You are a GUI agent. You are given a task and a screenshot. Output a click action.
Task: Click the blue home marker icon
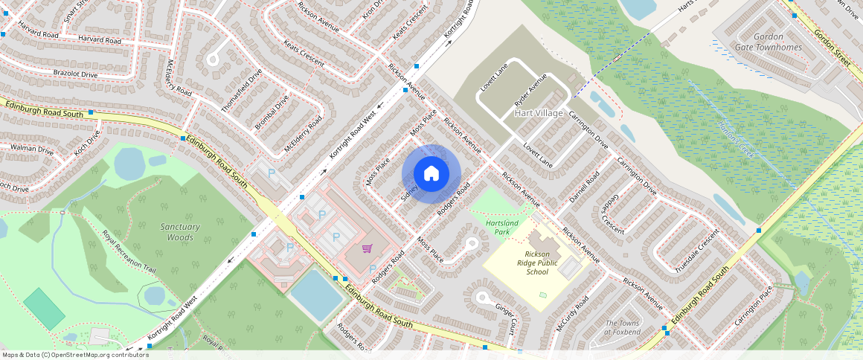coord(431,174)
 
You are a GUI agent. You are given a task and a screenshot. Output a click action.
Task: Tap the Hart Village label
coord(539,113)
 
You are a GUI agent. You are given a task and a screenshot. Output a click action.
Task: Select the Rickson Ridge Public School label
coord(536,263)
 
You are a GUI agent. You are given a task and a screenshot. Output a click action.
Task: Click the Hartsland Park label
coord(501,227)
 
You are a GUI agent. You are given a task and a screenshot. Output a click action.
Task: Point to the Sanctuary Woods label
coord(180,232)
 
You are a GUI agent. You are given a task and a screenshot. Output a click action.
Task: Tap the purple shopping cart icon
coord(367,248)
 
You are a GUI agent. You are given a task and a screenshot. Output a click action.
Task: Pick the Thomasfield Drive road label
coord(242,91)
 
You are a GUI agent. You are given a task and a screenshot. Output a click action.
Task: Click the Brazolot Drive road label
coord(75,74)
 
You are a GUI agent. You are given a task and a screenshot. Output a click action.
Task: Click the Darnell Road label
coord(584,189)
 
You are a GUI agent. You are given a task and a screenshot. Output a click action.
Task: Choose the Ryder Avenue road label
coord(530,89)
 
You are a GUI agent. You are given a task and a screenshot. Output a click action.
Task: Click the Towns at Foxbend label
coord(623,327)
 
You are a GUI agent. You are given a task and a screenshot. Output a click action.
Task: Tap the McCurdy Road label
coord(572,314)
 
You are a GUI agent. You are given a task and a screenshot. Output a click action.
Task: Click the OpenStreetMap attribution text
coord(76,355)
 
